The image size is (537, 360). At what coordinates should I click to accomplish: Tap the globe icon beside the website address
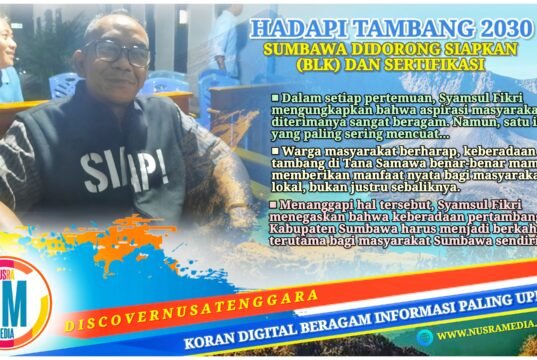425,337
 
